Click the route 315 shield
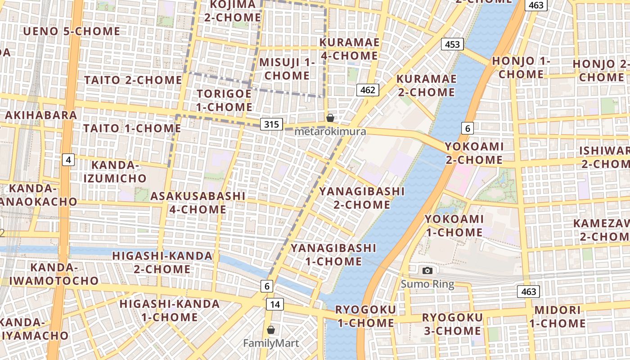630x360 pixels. coord(272,124)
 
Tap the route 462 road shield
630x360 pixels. coord(368,90)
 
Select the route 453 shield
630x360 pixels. coord(452,44)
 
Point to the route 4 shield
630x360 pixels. coord(68,160)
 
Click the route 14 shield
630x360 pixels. coord(275,305)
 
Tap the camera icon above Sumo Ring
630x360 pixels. coord(427,270)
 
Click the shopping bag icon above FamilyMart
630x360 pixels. coord(271,330)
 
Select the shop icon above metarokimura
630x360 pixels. coord(330,118)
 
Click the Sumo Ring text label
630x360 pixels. coord(427,284)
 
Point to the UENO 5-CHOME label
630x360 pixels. coord(72,31)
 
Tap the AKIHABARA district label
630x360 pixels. coord(41,115)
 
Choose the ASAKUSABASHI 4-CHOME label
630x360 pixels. coord(198,203)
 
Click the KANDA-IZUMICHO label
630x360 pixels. coord(115,171)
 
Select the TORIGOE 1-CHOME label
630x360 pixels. coord(225,100)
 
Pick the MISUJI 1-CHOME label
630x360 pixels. coord(287,69)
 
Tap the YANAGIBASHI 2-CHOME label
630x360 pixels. coord(362,198)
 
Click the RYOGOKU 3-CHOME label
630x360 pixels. coord(452,324)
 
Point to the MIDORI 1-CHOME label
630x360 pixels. coord(558,317)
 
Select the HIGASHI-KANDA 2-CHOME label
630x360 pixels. coord(162,262)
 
